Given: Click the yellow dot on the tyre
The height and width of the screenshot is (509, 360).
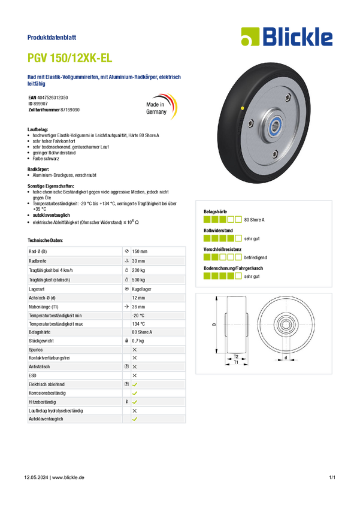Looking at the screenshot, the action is [241, 108].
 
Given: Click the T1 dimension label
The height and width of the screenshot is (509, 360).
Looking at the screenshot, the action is [236, 362].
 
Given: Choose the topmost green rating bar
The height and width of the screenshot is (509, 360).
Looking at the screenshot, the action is [222, 219].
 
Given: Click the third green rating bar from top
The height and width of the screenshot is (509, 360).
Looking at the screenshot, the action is [222, 257].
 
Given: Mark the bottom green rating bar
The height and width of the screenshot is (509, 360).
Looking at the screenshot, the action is [222, 276].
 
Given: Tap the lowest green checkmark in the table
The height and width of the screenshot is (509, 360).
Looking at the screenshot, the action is [135, 420].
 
